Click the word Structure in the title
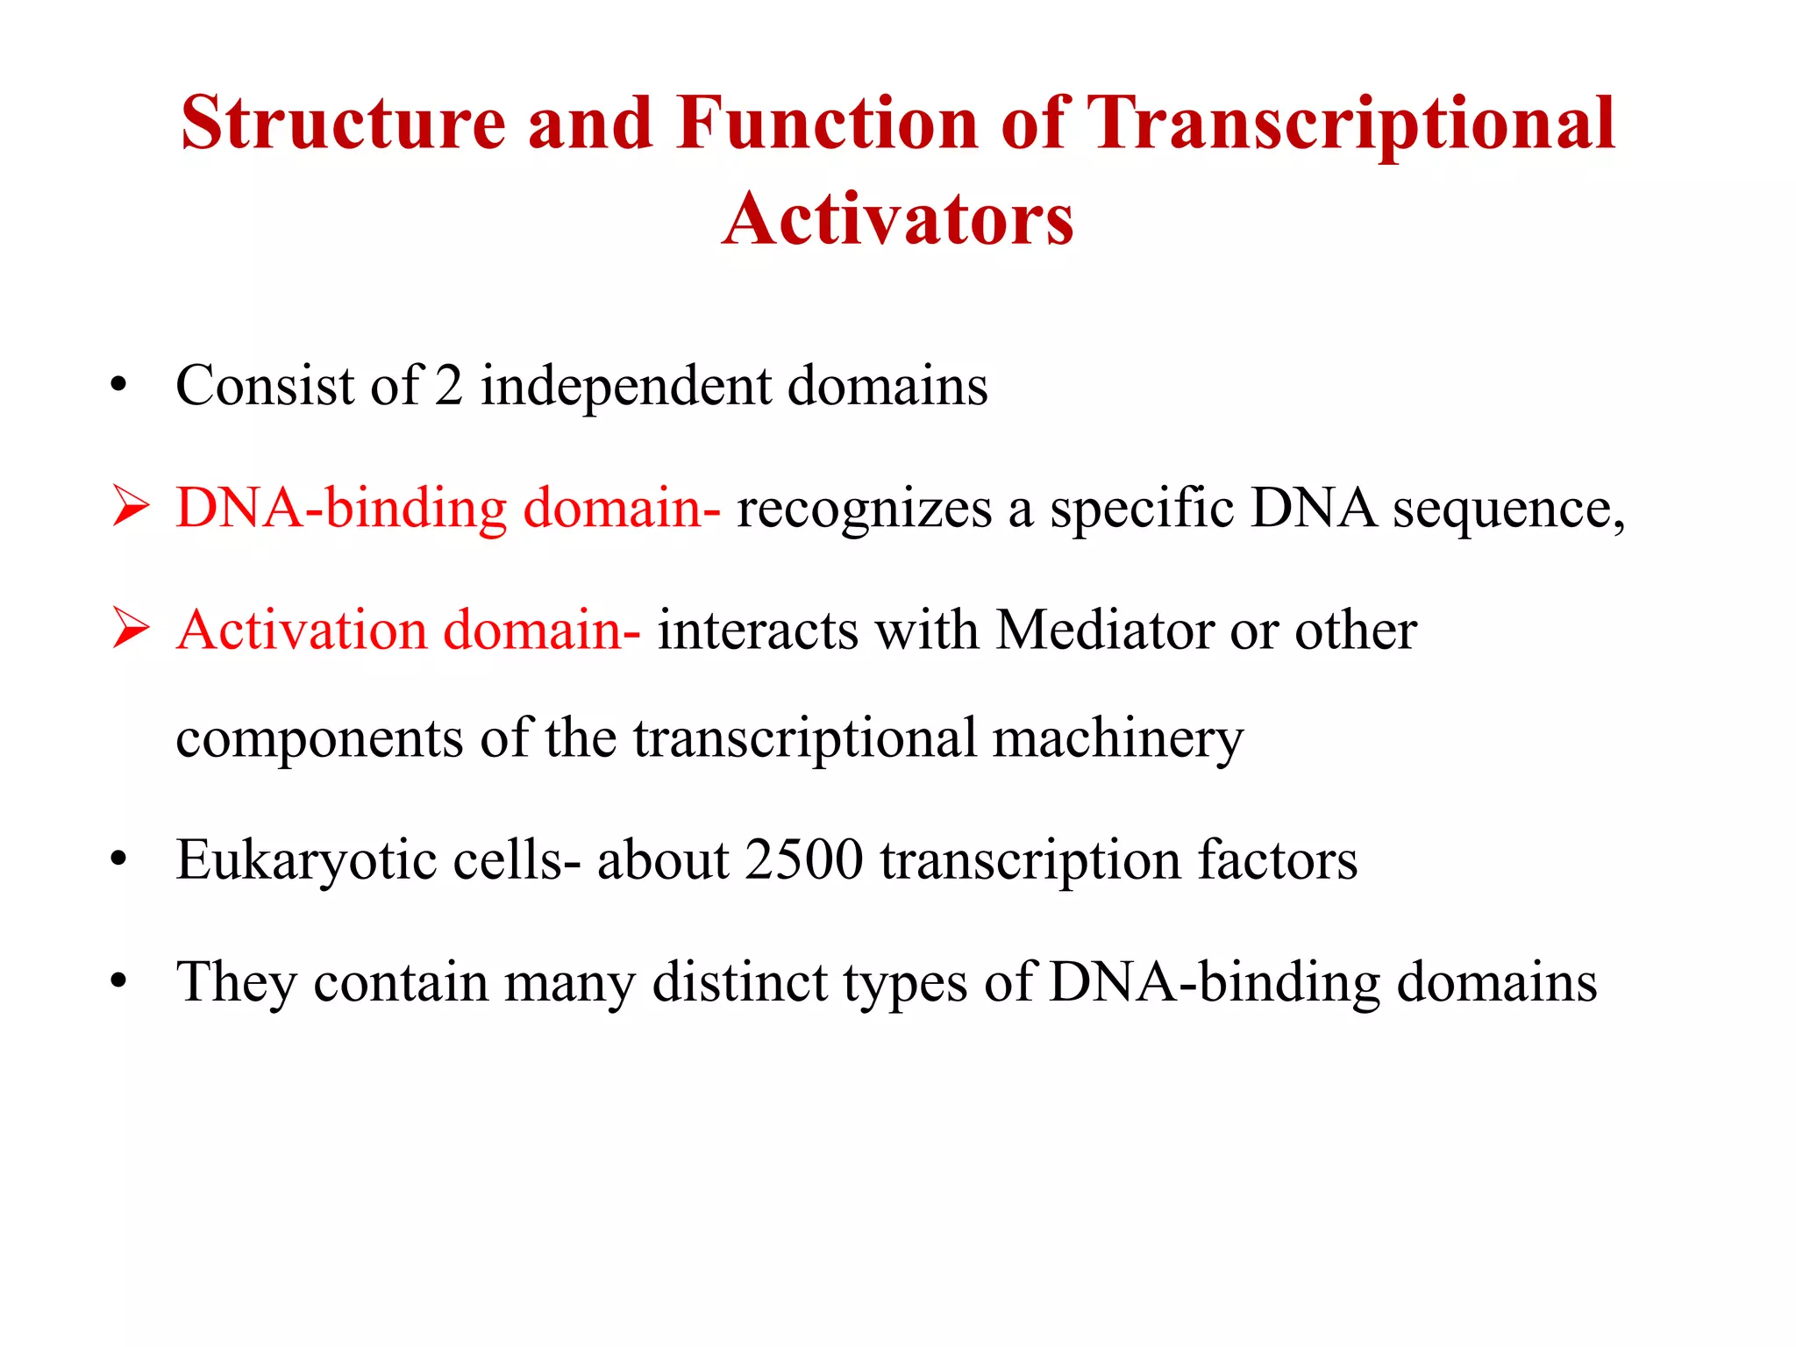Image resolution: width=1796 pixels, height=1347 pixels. [343, 123]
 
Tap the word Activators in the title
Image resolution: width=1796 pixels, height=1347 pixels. [897, 219]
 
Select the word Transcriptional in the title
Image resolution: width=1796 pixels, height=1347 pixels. [1351, 125]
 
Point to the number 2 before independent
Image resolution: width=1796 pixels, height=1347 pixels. [448, 386]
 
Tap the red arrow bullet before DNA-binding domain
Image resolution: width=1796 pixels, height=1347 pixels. [131, 508]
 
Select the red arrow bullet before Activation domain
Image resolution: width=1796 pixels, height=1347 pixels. [131, 630]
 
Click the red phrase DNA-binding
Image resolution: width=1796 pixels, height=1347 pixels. [341, 509]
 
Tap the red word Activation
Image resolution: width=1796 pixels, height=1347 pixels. [301, 631]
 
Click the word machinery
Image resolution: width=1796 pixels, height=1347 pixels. [1117, 738]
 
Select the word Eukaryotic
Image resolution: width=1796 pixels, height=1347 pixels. [305, 860]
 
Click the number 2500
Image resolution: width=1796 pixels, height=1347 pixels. [804, 859]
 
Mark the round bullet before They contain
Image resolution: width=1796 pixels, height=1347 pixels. [119, 981]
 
